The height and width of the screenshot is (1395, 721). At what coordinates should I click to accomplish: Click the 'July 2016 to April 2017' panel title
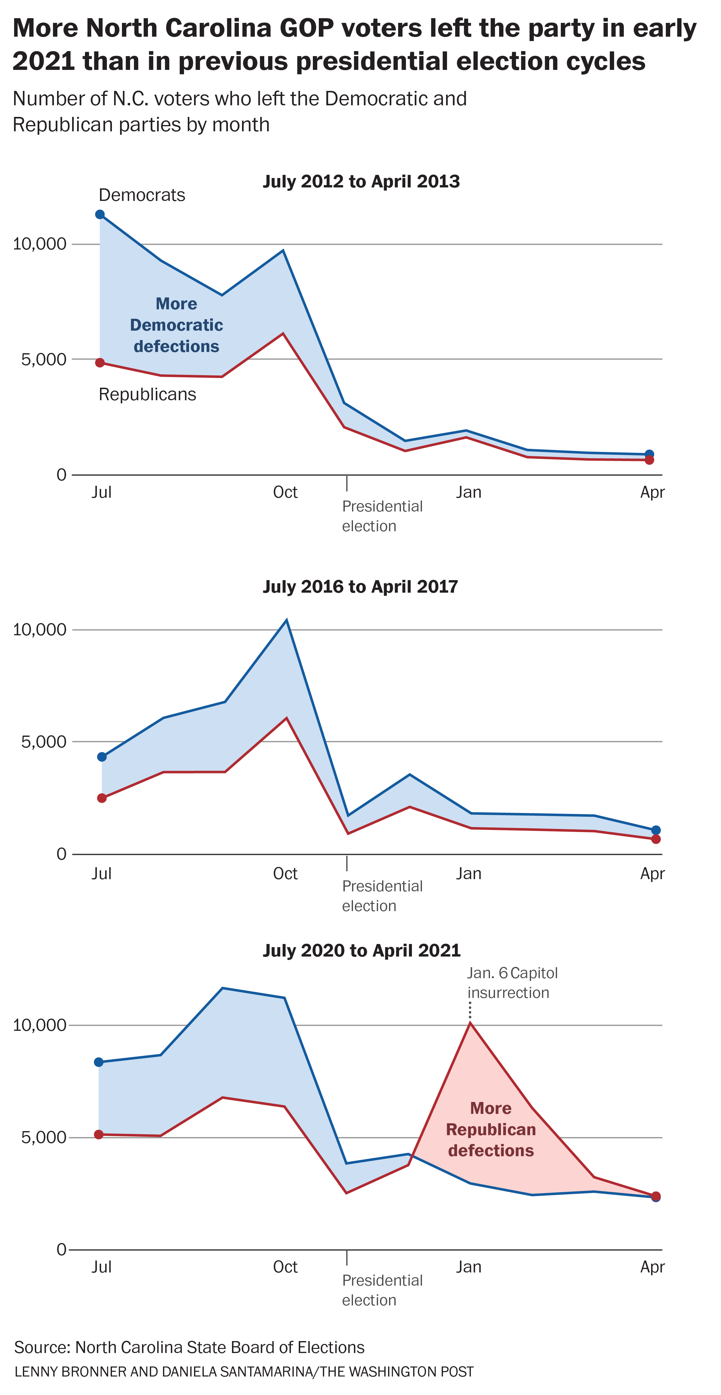pyautogui.click(x=360, y=586)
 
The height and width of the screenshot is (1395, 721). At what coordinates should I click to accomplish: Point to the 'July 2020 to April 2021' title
pyautogui.click(x=361, y=950)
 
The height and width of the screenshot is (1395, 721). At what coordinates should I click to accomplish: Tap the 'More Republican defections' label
pyautogui.click(x=491, y=1129)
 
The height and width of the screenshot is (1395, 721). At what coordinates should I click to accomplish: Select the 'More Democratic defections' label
pyautogui.click(x=176, y=325)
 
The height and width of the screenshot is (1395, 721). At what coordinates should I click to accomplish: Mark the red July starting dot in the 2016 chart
pyautogui.click(x=102, y=798)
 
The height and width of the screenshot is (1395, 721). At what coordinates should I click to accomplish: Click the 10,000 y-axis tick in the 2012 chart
pyautogui.click(x=39, y=244)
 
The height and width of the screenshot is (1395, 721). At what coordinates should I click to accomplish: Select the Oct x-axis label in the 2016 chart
pyautogui.click(x=285, y=873)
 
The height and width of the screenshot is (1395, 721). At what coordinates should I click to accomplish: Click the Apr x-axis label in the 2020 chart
pyautogui.click(x=652, y=1267)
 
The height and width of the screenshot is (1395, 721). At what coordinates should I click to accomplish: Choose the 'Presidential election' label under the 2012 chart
pyautogui.click(x=382, y=516)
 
